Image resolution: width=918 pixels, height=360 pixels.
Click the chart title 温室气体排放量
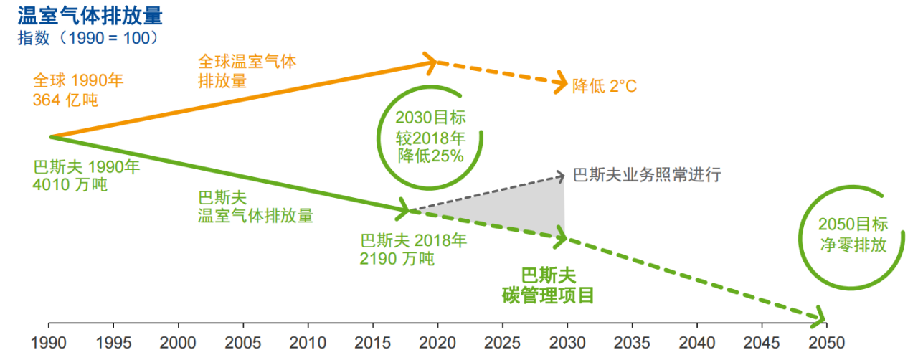click(x=89, y=14)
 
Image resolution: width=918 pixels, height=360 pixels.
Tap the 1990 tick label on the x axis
click(x=48, y=343)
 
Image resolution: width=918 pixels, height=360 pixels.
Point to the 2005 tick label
click(x=243, y=343)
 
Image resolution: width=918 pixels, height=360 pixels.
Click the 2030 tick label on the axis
click(x=567, y=343)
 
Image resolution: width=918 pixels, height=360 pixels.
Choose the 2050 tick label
click(x=825, y=343)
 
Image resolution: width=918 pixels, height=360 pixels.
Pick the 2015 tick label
click(x=372, y=343)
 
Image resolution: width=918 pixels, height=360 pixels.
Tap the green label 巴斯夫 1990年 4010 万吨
click(x=86, y=176)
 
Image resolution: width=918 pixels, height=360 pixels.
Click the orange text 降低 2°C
click(x=605, y=87)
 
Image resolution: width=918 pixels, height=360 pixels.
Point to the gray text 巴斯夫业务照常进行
click(x=646, y=174)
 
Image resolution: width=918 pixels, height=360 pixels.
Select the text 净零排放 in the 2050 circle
click(x=853, y=243)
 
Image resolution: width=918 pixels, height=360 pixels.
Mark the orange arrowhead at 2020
click(x=431, y=62)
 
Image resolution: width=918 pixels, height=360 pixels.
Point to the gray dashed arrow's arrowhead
click(x=561, y=175)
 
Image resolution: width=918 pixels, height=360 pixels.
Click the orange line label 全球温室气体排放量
click(x=247, y=71)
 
